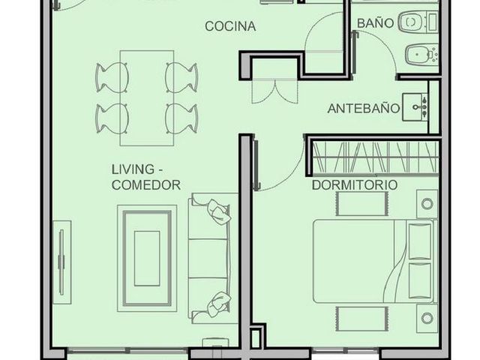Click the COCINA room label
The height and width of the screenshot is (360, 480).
tap(230, 26)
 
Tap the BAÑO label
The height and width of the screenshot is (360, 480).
tap(375, 23)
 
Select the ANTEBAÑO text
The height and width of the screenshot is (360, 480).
tap(364, 108)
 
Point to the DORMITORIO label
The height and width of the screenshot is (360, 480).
tap(355, 184)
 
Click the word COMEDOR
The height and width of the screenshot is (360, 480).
tap(146, 185)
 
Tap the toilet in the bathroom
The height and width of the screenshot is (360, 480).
tap(418, 22)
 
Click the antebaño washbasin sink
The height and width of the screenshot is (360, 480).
tap(415, 107)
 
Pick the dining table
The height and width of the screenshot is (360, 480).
tap(147, 98)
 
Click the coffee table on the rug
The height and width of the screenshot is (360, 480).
tap(147, 259)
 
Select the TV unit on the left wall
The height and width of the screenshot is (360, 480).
tap(62, 262)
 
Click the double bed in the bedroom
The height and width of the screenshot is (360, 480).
tap(373, 261)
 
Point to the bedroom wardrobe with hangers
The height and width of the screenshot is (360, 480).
tap(375, 157)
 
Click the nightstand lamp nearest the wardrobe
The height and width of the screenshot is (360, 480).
tap(427, 203)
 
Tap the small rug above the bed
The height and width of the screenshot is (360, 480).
tap(362, 203)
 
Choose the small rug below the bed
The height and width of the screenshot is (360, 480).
tap(362, 319)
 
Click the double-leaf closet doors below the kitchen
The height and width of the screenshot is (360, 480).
tap(274, 91)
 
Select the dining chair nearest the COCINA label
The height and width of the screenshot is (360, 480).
tap(181, 77)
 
